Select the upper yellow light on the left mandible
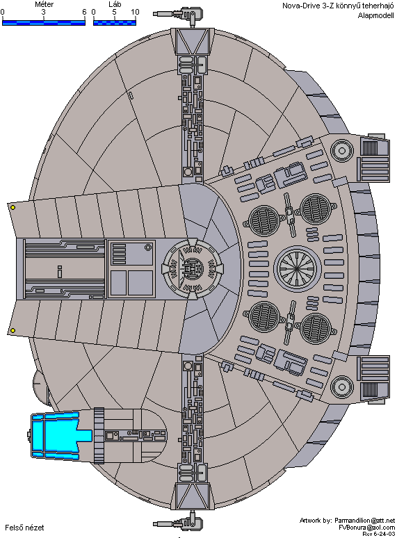[x=13, y=208]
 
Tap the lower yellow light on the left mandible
[x=13, y=330]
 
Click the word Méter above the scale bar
[x=44, y=4]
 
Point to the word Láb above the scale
[x=115, y=4]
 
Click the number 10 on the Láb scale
[x=135, y=12]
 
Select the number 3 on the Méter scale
[x=44, y=12]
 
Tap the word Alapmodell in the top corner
[x=375, y=15]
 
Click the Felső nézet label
[x=24, y=528]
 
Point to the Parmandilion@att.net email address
[x=365, y=521]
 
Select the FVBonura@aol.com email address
[x=367, y=528]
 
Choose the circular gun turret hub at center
[x=193, y=268]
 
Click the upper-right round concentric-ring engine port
[x=342, y=150]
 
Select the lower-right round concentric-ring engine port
[x=342, y=386]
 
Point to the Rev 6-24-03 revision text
[x=378, y=535]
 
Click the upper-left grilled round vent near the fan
[x=264, y=221]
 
